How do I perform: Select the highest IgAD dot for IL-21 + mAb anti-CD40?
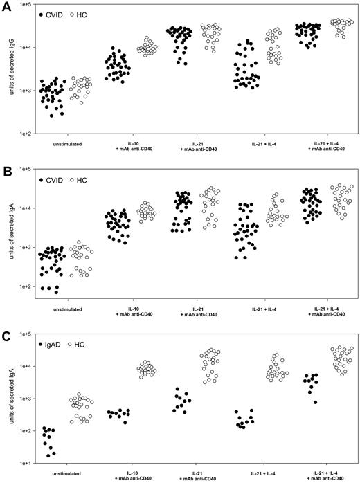[177, 389]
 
